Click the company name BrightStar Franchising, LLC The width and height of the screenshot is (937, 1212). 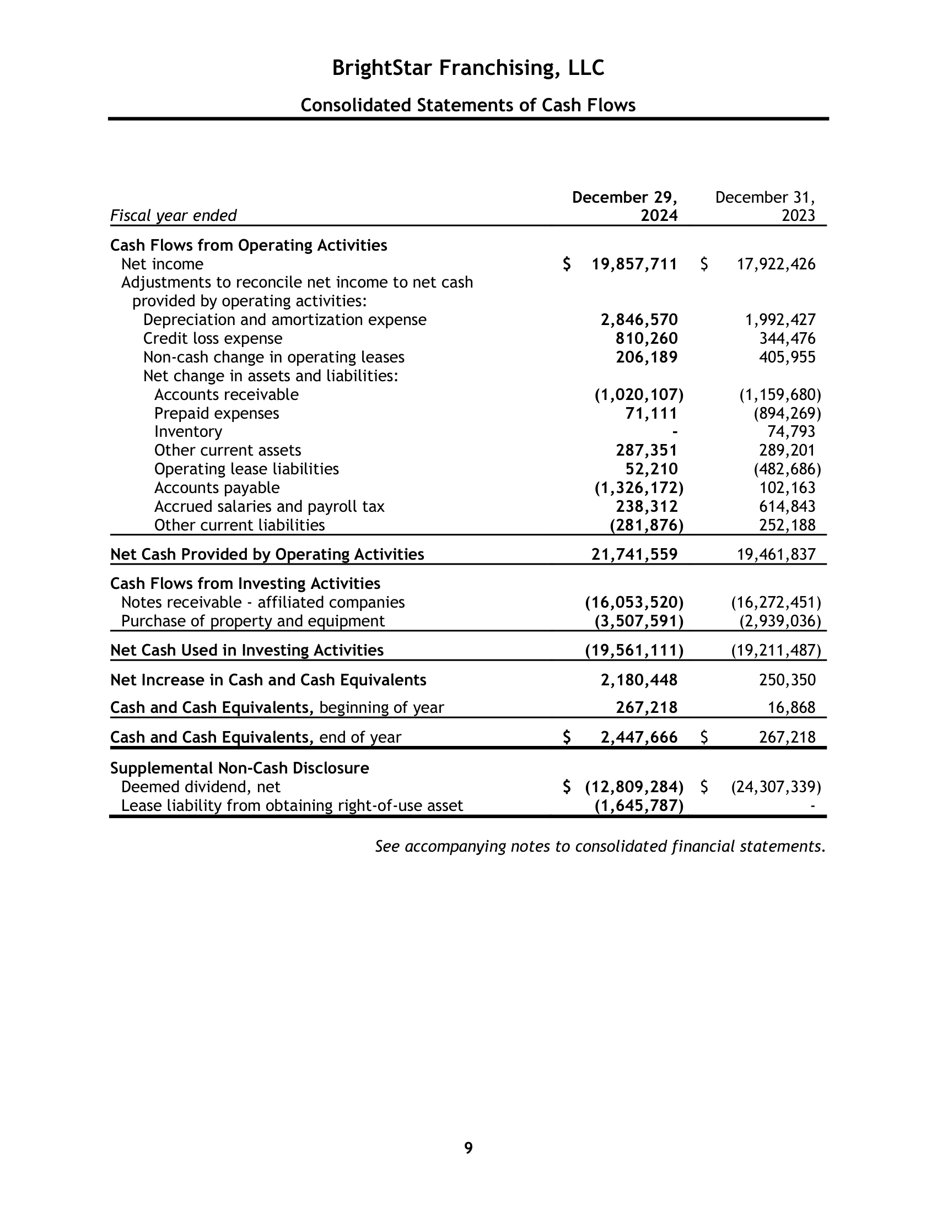468,68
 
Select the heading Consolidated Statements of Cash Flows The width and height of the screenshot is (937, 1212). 468,105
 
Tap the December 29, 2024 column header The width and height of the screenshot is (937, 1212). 624,207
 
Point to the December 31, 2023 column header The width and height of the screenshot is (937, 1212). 765,207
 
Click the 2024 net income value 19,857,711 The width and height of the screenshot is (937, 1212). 634,264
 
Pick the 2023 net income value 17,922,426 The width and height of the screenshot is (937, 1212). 776,264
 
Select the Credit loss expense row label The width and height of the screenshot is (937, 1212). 213,338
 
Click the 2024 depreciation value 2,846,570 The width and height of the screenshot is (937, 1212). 639,320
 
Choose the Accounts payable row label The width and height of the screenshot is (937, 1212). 217,488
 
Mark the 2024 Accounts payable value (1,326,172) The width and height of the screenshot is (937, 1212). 639,488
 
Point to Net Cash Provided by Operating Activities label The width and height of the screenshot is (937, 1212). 267,554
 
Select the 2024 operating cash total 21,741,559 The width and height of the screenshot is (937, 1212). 634,554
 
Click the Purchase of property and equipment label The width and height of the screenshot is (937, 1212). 252,621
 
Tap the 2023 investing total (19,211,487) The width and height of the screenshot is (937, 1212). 776,651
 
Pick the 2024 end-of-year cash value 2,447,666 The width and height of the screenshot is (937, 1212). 639,738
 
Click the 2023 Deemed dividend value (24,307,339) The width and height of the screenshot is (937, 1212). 776,787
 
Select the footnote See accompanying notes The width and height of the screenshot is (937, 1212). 600,846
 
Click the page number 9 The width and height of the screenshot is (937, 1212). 468,1148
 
